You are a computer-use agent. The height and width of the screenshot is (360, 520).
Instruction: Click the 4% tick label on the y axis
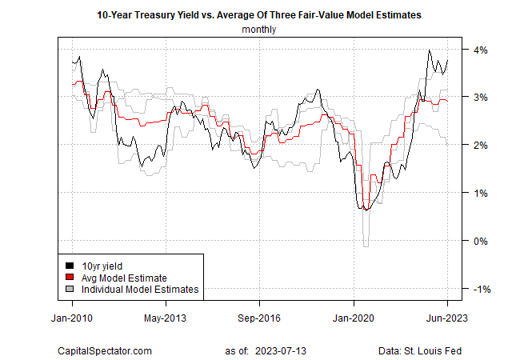point(484,50)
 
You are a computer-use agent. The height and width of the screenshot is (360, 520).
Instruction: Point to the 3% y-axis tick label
point(484,98)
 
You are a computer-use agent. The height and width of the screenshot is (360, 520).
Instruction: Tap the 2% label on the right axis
point(484,146)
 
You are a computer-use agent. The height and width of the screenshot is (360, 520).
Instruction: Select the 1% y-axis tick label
point(484,194)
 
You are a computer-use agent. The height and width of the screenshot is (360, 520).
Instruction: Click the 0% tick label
point(484,241)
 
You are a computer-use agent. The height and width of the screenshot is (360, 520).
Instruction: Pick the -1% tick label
point(482,289)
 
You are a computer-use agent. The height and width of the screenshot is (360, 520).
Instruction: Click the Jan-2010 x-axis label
point(72,317)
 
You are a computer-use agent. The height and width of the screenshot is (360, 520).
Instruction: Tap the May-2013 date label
point(166,317)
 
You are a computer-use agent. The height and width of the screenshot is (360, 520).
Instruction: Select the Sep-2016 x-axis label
point(259,317)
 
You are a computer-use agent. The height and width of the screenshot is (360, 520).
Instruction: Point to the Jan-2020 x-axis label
point(353,317)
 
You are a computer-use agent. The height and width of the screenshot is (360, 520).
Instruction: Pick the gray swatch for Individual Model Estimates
point(70,290)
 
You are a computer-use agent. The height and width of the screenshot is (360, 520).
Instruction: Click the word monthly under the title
point(259,30)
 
